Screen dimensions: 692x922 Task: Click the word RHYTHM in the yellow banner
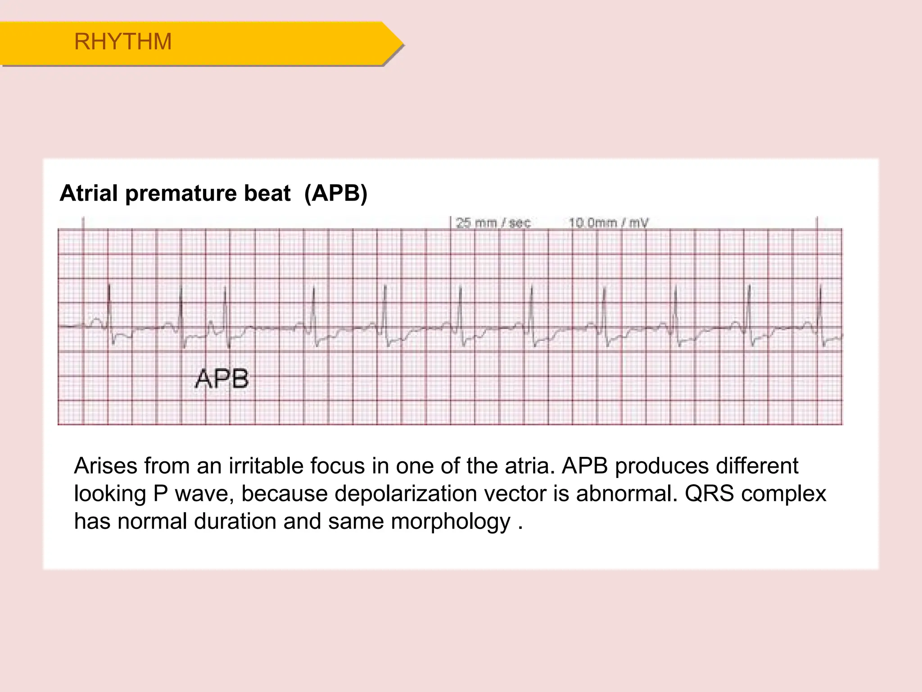[123, 42]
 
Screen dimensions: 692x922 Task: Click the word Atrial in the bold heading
[88, 193]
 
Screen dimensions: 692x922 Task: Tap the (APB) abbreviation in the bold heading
[336, 193]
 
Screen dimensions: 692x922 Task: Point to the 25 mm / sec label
[493, 223]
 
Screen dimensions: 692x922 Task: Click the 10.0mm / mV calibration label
[608, 223]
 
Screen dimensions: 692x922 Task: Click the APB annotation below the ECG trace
[222, 379]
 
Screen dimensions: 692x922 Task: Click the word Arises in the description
[105, 466]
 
